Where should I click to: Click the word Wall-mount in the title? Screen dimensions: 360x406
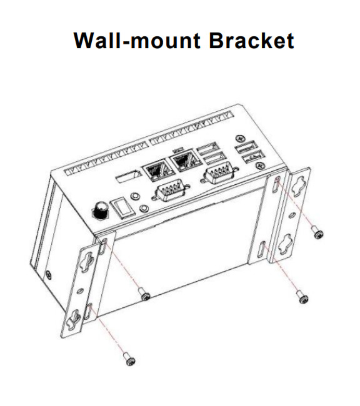[x=137, y=41]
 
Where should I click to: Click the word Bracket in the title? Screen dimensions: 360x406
[x=251, y=41]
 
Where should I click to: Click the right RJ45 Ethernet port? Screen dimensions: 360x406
[x=185, y=161]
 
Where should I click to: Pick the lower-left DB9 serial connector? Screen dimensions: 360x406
[x=170, y=191]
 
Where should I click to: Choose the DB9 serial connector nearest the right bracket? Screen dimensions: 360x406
[x=219, y=172]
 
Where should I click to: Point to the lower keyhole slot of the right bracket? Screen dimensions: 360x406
[x=286, y=244]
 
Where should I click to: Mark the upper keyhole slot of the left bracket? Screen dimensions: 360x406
[x=87, y=262]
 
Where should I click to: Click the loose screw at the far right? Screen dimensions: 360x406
[x=317, y=232]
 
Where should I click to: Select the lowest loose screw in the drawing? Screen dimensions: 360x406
[x=130, y=359]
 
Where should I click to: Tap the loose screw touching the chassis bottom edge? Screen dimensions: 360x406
[x=144, y=294]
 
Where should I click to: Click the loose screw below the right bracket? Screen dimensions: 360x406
[x=302, y=297]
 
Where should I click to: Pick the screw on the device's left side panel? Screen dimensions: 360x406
[x=49, y=275]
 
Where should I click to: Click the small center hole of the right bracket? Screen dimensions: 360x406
[x=292, y=215]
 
